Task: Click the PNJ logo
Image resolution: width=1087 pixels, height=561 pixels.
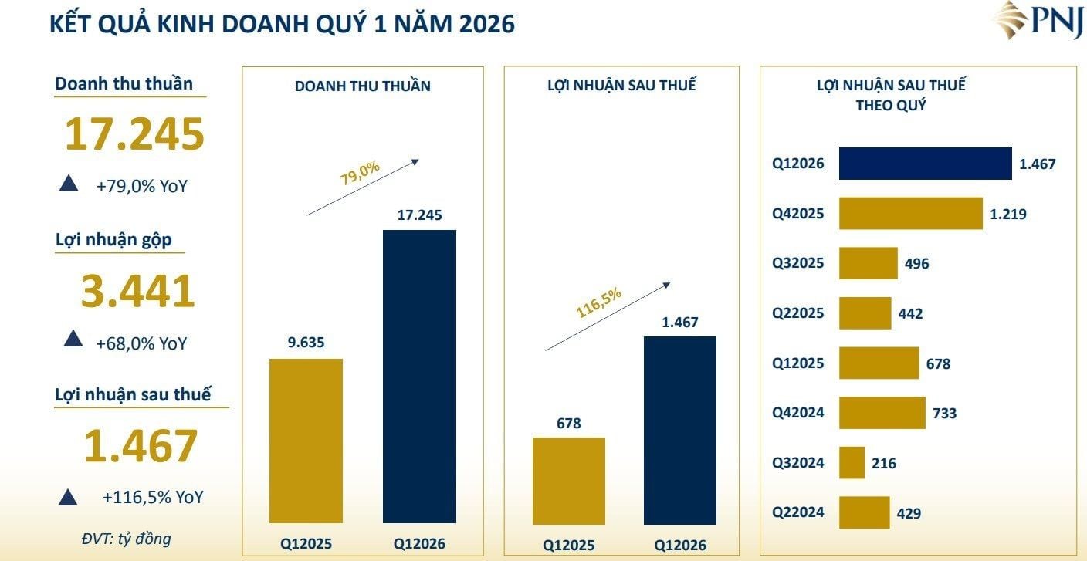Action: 1038,21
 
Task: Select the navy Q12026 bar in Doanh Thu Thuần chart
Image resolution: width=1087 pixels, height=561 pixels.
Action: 419,376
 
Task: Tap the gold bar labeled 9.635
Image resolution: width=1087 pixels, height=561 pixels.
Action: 306,441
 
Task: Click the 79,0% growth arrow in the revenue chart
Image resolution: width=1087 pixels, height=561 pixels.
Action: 363,187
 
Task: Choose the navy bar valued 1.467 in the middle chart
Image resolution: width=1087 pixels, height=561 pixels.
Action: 679,429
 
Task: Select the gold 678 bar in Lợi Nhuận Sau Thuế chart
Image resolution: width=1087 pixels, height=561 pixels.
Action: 569,479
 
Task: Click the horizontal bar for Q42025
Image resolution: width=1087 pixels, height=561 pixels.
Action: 910,214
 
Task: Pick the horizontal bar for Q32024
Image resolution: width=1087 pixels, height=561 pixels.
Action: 852,463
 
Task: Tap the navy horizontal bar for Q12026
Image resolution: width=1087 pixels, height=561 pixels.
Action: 925,164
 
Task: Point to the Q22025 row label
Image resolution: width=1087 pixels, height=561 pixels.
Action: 797,313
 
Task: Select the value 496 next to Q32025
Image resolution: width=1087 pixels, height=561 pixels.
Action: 916,264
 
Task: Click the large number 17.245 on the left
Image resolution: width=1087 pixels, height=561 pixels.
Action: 134,134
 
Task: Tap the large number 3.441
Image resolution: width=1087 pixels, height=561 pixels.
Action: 137,292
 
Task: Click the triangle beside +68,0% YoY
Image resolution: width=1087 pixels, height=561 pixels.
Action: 73,338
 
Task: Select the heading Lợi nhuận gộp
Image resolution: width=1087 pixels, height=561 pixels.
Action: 113,240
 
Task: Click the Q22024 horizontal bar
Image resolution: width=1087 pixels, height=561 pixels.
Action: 864,512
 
